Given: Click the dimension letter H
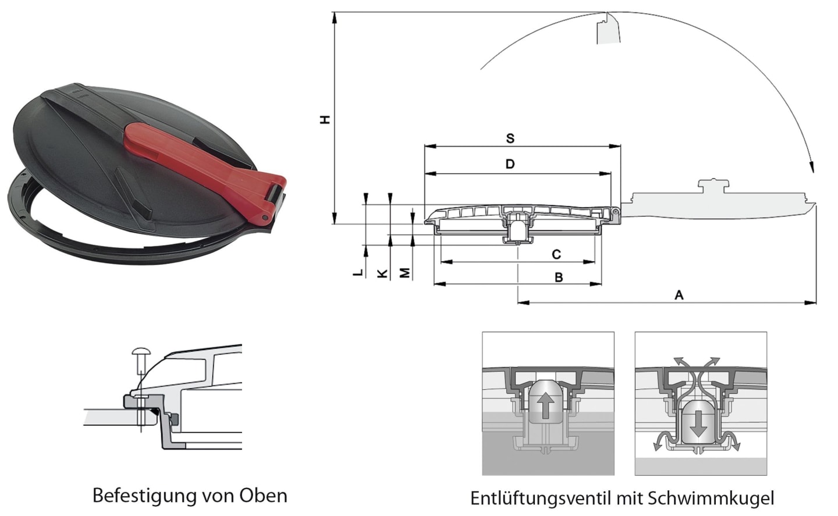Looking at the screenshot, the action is coord(326,119).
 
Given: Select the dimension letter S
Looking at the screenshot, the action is coord(510,138).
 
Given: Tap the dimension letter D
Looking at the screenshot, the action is coord(510,164).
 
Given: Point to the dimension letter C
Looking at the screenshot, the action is coord(556,255).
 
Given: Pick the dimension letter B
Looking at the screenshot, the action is coord(559,277).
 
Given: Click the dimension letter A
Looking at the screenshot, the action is coord(679,296).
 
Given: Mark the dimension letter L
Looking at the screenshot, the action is coord(358,273).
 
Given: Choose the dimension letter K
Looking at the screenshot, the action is coord(382,273).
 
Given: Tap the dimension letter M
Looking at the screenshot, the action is coord(405,273).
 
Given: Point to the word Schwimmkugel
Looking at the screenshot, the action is coord(711,499).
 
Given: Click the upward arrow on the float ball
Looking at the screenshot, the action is coord(545,407).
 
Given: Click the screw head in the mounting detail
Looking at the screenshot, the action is coord(141,351).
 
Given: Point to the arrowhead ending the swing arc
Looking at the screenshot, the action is coord(811,168).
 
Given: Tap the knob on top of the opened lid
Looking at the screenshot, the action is coord(713,186).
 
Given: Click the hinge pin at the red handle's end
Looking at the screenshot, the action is coord(265,217).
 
